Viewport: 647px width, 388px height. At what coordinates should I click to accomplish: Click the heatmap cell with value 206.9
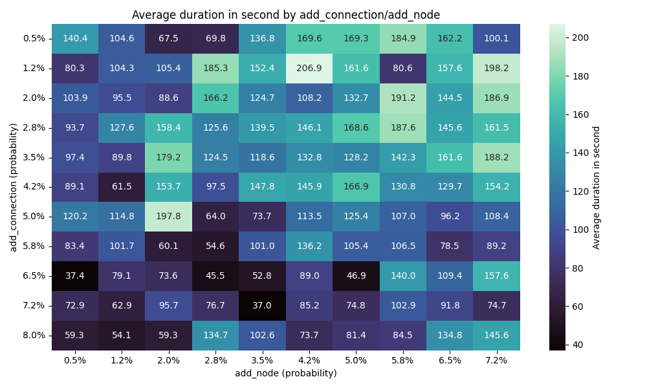pos(309,68)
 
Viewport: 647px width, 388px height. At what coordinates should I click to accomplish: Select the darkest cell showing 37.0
pos(262,306)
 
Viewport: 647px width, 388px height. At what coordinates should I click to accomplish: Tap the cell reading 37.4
pos(75,276)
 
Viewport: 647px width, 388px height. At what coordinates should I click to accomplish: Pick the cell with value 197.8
pos(169,217)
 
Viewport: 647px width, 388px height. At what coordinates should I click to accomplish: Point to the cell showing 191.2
pos(403,98)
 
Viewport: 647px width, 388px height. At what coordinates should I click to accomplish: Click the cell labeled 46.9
pos(356,276)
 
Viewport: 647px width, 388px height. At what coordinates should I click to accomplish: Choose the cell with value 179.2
pos(169,157)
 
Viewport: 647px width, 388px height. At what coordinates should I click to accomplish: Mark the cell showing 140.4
pos(75,38)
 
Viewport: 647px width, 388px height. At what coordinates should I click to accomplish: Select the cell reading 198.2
pos(496,68)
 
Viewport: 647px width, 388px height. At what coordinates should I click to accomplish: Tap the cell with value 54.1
pos(122,336)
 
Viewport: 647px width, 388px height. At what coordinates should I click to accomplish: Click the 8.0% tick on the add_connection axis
pos(34,336)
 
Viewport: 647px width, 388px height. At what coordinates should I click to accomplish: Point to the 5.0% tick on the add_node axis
pos(356,360)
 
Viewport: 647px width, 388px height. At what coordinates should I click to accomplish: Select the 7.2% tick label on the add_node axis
pos(496,360)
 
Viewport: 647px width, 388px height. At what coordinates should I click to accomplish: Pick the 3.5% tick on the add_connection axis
pos(34,157)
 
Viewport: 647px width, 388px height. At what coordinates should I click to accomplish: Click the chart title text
pos(285,15)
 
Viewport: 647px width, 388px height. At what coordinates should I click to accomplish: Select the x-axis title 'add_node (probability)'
pos(285,373)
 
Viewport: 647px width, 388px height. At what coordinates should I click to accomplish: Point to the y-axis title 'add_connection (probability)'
pos(13,187)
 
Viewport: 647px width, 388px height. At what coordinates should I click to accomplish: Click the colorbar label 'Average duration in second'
pos(597,187)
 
